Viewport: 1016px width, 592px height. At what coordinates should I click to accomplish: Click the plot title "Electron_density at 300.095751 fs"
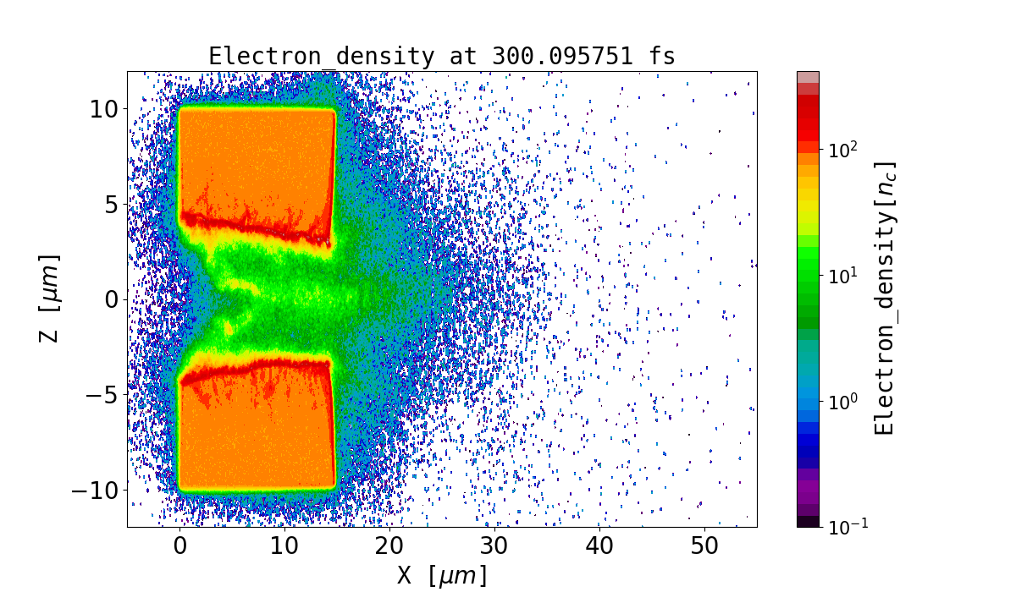pyautogui.click(x=442, y=57)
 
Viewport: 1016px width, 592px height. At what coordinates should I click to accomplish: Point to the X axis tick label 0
pyautogui.click(x=179, y=546)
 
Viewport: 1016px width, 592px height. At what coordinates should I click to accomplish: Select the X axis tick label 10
pyautogui.click(x=284, y=546)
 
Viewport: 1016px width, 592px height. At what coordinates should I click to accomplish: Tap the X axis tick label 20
pyautogui.click(x=389, y=546)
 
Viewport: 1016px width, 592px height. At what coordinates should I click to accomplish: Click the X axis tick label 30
pyautogui.click(x=494, y=546)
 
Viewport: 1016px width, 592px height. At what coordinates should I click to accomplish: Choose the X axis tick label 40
pyautogui.click(x=599, y=546)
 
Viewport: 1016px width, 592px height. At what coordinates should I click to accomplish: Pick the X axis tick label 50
pyautogui.click(x=704, y=546)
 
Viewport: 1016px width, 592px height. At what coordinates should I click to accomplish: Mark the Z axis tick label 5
pyautogui.click(x=112, y=204)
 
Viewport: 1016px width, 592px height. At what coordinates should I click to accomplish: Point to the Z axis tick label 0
pyautogui.click(x=112, y=299)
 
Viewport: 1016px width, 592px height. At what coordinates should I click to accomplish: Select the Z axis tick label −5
pyautogui.click(x=102, y=395)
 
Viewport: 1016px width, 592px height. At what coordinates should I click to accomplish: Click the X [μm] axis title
pyautogui.click(x=442, y=576)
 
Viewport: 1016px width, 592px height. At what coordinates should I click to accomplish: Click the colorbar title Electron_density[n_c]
pyautogui.click(x=884, y=298)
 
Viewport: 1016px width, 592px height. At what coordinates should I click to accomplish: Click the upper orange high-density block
pyautogui.click(x=254, y=161)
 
